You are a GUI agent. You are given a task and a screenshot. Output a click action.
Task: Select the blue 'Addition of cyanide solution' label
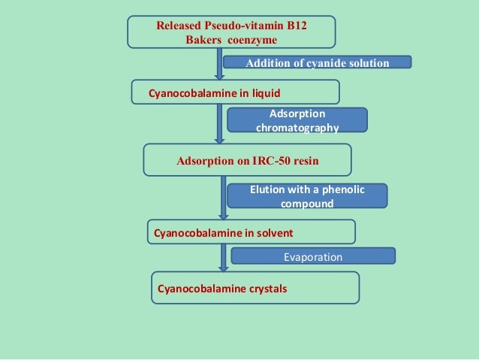coord(318,62)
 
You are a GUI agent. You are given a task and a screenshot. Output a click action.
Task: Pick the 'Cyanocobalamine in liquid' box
coord(236,92)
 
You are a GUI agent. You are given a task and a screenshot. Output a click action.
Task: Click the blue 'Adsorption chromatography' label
coord(297,120)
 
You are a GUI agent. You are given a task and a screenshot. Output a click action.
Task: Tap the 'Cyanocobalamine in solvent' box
coord(253,232)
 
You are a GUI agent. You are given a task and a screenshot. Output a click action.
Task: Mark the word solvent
coord(274,233)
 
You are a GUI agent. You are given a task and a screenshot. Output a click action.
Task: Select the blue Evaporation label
coord(312,257)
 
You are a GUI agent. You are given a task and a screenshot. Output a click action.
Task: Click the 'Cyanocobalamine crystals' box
coord(255,288)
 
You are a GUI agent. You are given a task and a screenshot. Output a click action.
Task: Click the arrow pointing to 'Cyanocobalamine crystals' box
coord(223,258)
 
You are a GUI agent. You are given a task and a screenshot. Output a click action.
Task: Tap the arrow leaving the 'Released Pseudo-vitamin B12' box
coord(219,64)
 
